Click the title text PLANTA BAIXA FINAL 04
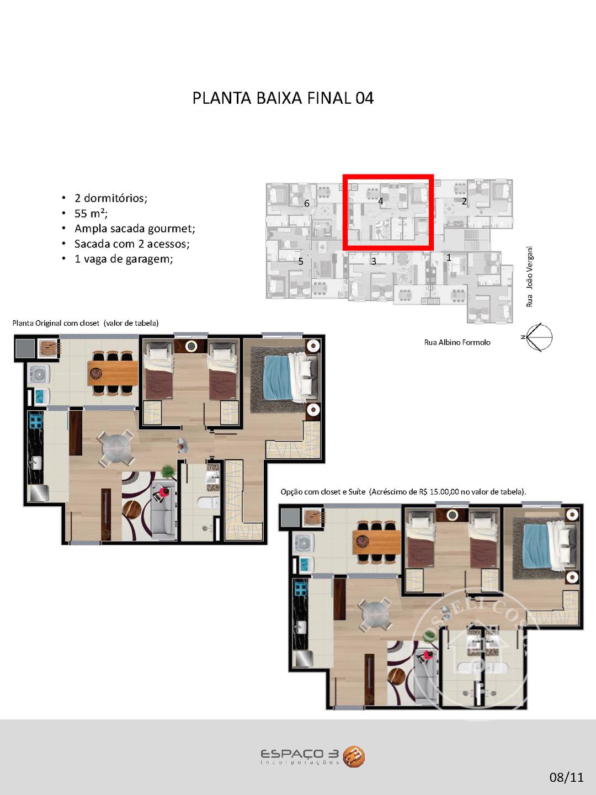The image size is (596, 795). (x=283, y=98)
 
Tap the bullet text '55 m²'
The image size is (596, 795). (x=91, y=213)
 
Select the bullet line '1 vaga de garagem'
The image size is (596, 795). (x=124, y=259)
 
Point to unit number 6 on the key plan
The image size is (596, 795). (x=306, y=203)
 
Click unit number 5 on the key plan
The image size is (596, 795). (x=301, y=261)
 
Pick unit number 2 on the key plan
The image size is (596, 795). (x=464, y=202)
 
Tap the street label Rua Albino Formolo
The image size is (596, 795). (x=457, y=342)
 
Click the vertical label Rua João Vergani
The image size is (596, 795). (x=529, y=277)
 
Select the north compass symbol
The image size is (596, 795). (x=539, y=337)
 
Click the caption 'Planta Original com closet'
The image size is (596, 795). (x=56, y=323)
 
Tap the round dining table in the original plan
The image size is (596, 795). (x=116, y=448)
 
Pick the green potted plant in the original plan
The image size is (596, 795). (x=168, y=471)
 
